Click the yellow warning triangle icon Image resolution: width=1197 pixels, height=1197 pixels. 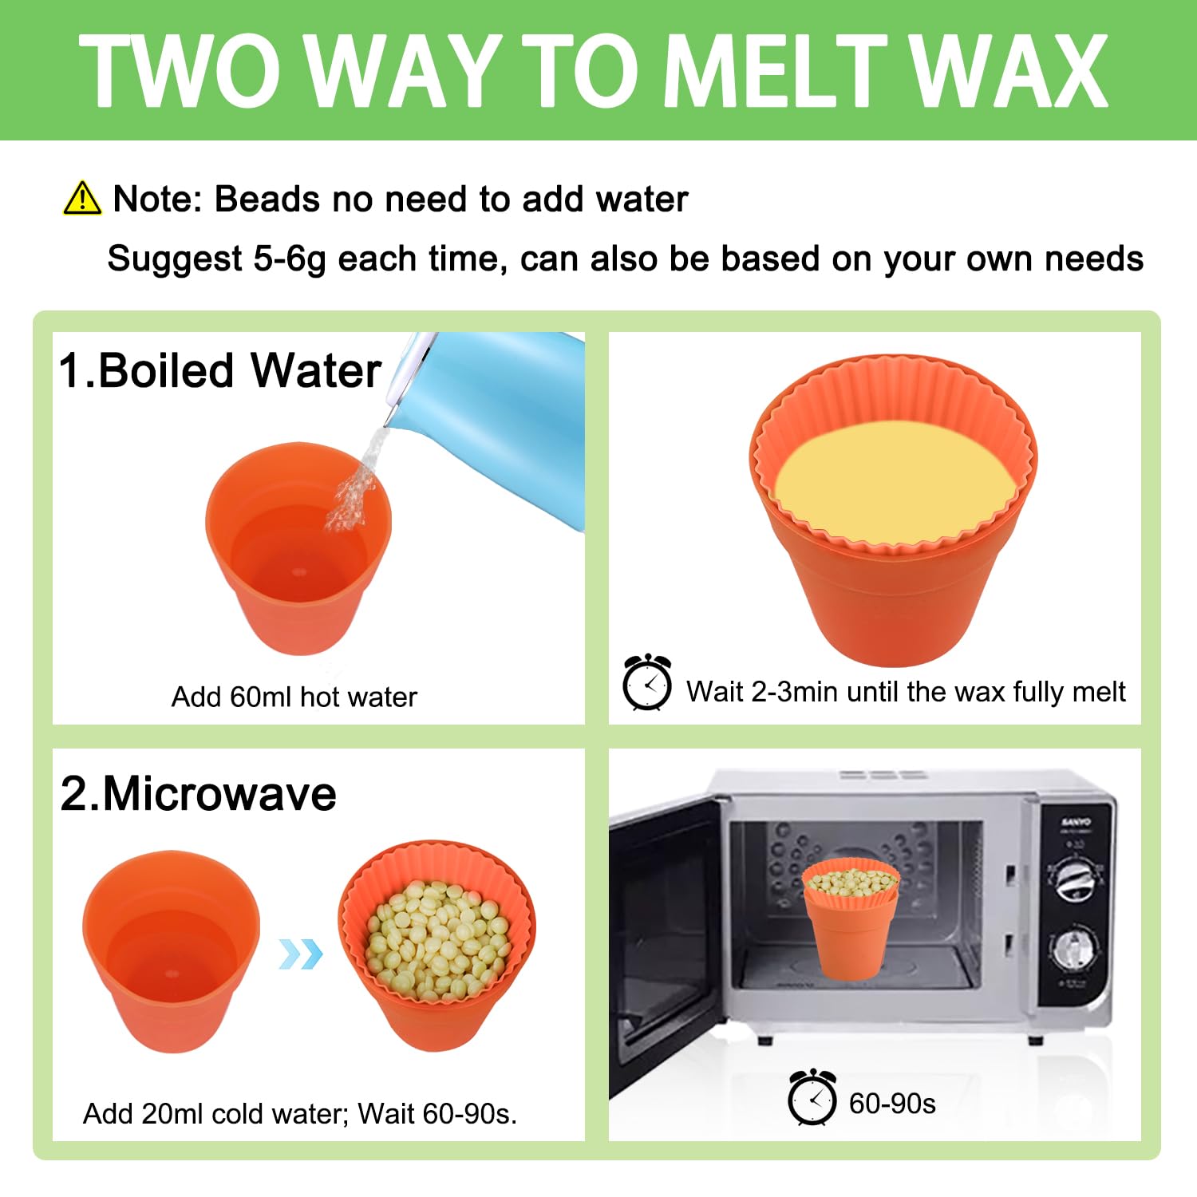pyautogui.click(x=82, y=198)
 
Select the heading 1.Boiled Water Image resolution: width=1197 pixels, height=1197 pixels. pyautogui.click(x=220, y=370)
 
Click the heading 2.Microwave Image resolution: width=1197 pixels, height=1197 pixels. pyautogui.click(x=198, y=793)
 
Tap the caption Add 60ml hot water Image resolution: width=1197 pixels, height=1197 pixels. pyautogui.click(x=294, y=697)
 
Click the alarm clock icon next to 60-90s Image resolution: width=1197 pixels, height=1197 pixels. pyautogui.click(x=812, y=1097)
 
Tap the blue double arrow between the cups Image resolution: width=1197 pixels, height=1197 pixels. pyautogui.click(x=301, y=954)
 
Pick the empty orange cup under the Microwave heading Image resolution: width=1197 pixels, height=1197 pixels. pyautogui.click(x=172, y=950)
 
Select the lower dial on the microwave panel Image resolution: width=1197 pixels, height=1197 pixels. pyautogui.click(x=1074, y=949)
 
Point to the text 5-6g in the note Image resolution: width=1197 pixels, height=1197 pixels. pyautogui.click(x=290, y=259)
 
